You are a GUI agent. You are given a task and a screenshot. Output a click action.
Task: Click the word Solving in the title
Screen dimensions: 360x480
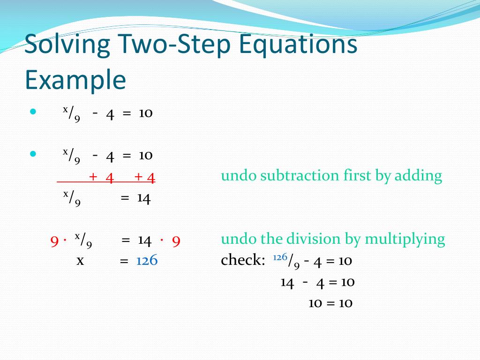click(67, 45)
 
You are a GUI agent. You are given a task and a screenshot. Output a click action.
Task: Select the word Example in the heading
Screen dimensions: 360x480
click(75, 81)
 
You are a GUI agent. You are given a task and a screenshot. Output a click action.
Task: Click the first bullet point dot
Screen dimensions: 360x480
click(33, 112)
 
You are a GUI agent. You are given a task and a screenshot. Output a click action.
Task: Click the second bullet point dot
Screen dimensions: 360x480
click(33, 154)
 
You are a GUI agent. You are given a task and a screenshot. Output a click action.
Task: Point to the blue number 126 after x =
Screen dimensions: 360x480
click(147, 261)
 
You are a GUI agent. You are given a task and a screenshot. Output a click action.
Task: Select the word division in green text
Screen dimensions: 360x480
click(311, 239)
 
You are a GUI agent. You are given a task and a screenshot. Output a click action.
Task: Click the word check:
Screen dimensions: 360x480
click(243, 261)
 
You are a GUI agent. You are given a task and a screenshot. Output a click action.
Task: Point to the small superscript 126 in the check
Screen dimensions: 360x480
click(280, 257)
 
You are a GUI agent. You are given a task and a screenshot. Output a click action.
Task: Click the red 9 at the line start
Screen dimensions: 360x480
click(54, 241)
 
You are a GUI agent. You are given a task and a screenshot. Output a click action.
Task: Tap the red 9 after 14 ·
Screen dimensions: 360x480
click(176, 241)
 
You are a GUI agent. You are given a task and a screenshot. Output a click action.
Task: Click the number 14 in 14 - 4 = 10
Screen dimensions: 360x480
click(287, 282)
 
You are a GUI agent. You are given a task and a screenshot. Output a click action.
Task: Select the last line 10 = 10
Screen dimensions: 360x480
click(330, 303)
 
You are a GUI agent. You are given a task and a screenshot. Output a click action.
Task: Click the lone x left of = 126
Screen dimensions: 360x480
click(80, 261)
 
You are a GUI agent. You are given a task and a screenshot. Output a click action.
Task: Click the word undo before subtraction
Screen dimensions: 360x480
click(239, 176)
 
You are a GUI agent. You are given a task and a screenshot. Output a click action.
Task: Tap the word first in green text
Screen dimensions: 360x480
click(358, 176)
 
